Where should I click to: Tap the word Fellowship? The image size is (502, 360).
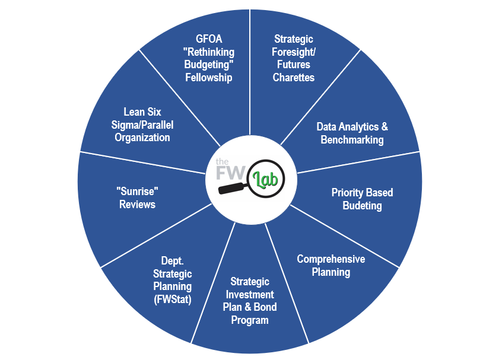208,77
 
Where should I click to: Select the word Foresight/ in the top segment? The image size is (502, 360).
294,52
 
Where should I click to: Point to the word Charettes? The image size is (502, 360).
294,77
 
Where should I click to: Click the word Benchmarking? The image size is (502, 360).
352,140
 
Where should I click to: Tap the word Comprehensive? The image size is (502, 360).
331,259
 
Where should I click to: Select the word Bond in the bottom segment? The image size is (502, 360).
265,307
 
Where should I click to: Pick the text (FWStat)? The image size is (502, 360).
172,300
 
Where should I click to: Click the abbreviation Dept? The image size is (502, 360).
172,260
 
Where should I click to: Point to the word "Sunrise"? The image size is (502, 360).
137,192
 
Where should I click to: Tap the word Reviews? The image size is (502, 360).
137,205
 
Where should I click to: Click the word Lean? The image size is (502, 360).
134,111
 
